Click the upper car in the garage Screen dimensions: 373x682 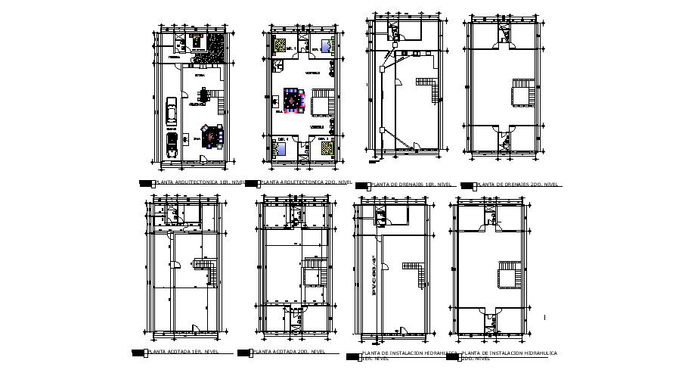(172, 110)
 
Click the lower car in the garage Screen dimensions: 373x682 (172, 145)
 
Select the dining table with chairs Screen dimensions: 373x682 (205, 96)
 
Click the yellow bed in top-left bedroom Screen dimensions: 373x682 (281, 45)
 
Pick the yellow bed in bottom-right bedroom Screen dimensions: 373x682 (326, 148)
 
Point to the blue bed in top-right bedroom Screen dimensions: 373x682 (327, 45)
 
